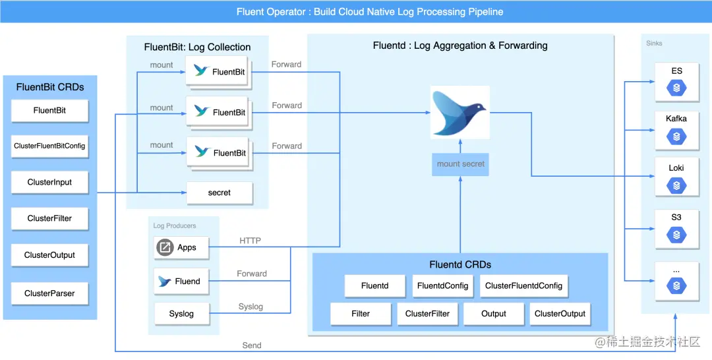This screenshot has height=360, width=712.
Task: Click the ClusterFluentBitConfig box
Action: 49,146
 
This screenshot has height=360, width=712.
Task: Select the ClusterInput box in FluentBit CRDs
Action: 49,183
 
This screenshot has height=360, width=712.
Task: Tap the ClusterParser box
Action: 49,293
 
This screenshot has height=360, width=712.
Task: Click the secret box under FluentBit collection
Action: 220,193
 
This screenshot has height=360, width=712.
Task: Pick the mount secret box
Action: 460,164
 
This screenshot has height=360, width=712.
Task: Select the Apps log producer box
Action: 181,247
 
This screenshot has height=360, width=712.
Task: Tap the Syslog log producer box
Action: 182,314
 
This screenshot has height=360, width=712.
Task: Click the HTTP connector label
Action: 251,241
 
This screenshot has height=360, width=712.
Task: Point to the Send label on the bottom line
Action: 252,345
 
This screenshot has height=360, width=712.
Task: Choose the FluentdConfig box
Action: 442,286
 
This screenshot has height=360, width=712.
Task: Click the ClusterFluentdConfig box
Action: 523,286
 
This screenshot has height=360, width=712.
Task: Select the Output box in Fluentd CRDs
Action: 494,314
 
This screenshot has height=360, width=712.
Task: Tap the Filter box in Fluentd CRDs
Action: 361,314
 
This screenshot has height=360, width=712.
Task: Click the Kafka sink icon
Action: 676,136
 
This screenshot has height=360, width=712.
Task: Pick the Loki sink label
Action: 676,168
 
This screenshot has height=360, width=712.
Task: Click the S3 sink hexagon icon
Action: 676,235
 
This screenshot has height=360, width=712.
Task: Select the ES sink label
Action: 676,71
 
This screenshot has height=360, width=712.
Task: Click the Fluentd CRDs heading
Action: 460,264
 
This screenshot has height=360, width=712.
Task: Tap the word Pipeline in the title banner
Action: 485,12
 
